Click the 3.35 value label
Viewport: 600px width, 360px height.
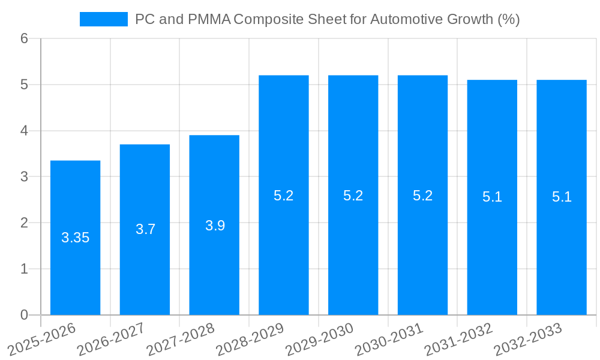click(75, 238)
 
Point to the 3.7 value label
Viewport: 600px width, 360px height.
click(145, 229)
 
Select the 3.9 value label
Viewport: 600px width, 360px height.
click(215, 226)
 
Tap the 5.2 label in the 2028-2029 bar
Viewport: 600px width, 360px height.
click(283, 196)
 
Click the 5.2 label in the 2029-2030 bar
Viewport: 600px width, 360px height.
click(353, 196)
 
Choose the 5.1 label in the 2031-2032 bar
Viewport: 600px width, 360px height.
click(492, 197)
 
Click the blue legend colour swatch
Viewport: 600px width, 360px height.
click(103, 19)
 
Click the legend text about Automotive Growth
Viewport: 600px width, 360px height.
click(327, 19)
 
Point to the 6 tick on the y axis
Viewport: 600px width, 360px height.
click(25, 38)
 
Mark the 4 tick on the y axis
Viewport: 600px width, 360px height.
click(25, 131)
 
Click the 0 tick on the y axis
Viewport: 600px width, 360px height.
click(25, 315)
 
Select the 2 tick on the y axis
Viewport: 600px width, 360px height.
click(25, 223)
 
